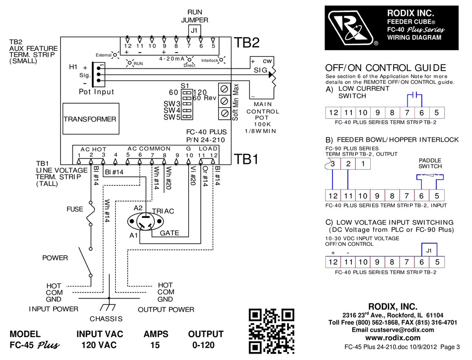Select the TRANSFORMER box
coord(90,119)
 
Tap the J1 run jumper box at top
coord(194,30)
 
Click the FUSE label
coord(75,209)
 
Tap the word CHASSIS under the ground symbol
coord(106,318)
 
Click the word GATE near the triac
coord(169,232)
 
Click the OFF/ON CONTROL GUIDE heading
coord(385,68)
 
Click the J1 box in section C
coord(429,250)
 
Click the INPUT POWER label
coord(53,309)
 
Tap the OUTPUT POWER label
coord(166,309)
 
